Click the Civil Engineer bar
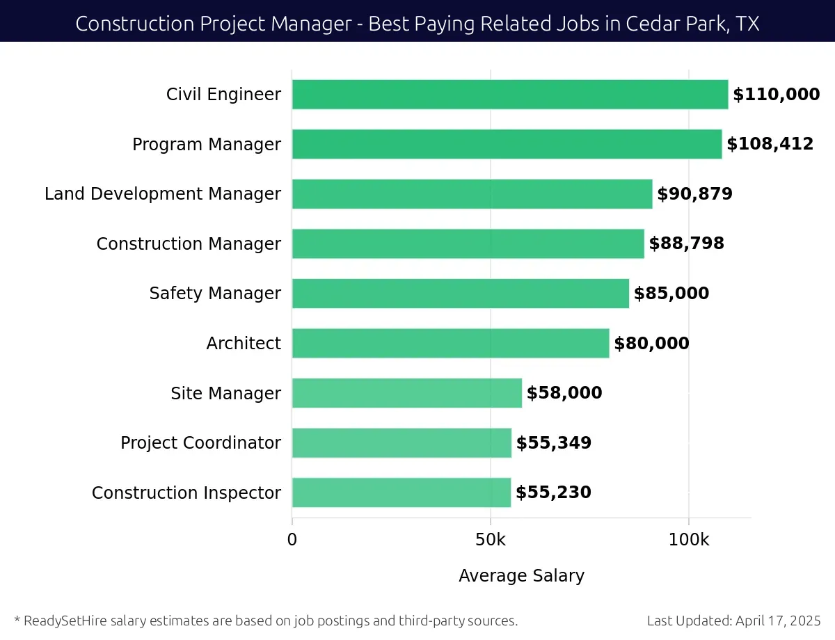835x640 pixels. pyautogui.click(x=509, y=95)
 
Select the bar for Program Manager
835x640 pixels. pyautogui.click(x=507, y=144)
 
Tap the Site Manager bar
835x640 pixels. pyautogui.click(x=406, y=393)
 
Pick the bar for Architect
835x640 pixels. pyautogui.click(x=450, y=344)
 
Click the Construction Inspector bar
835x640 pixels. pyautogui.click(x=401, y=493)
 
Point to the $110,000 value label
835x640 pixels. pyautogui.click(x=776, y=95)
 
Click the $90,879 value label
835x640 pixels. pyautogui.click(x=694, y=194)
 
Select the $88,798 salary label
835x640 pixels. pyautogui.click(x=686, y=243)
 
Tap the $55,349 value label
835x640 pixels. pyautogui.click(x=553, y=443)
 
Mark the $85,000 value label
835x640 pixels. pyautogui.click(x=671, y=294)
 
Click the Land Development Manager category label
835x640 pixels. pyautogui.click(x=163, y=194)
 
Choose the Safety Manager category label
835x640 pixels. pyautogui.click(x=215, y=294)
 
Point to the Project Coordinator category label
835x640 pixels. pyautogui.click(x=200, y=443)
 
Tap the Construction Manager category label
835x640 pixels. pyautogui.click(x=189, y=244)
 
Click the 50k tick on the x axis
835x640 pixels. pyautogui.click(x=490, y=540)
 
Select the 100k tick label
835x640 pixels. pyautogui.click(x=688, y=540)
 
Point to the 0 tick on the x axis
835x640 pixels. pyautogui.click(x=292, y=540)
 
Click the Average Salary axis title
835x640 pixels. pyautogui.click(x=521, y=576)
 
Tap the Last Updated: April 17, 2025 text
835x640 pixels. pyautogui.click(x=733, y=621)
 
